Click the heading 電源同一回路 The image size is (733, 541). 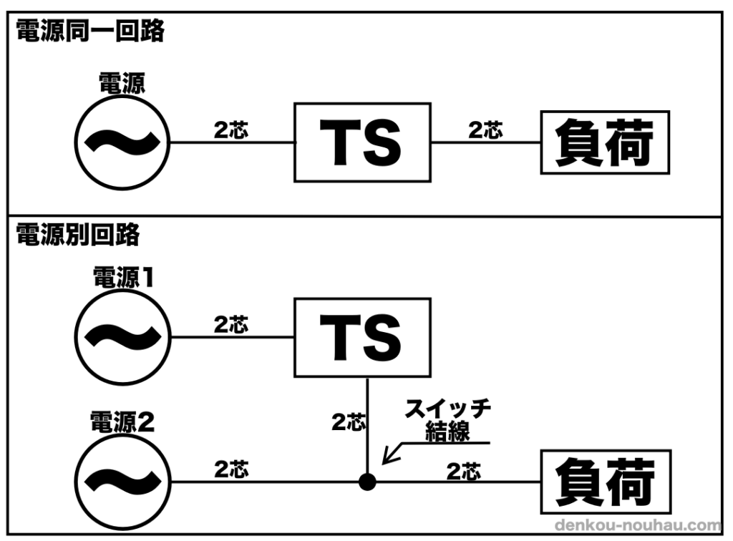90,31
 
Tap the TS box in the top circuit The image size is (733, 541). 362,142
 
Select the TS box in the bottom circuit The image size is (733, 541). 362,338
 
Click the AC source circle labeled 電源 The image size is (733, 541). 122,142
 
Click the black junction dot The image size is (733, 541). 367,482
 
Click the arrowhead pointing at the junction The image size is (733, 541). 387,459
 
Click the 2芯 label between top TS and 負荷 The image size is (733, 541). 485,130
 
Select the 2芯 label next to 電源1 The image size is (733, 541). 231,325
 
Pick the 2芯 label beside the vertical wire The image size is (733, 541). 349,422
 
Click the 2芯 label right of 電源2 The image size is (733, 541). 231,469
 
